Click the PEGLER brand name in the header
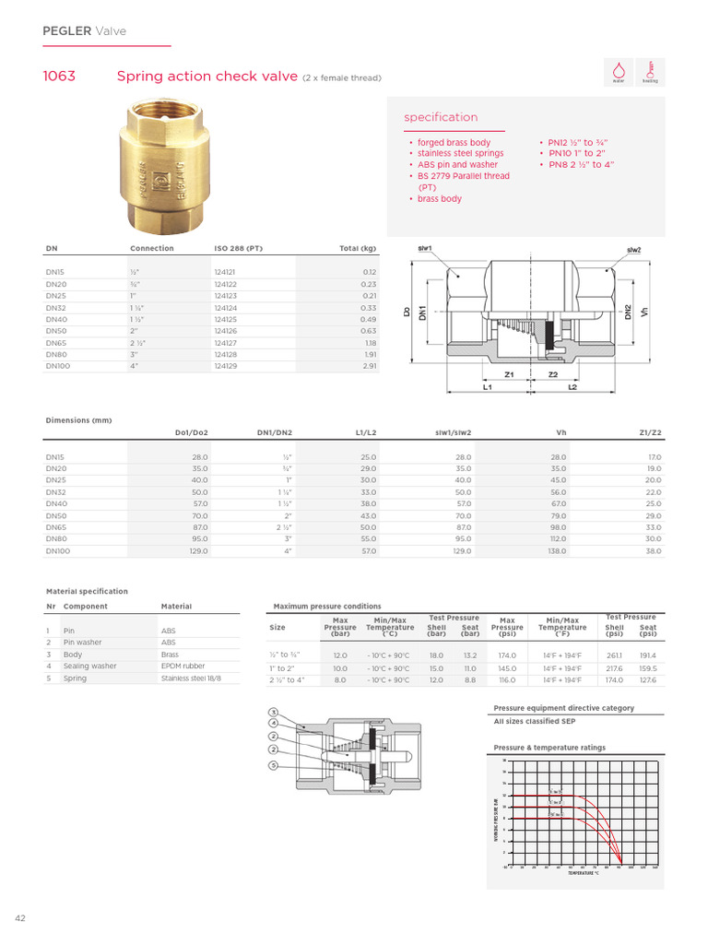point(67,31)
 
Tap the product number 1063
point(59,77)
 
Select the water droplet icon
point(619,71)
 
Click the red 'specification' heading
point(441,118)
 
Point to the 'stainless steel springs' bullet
point(460,153)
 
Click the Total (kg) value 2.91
point(369,366)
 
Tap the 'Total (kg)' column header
point(358,249)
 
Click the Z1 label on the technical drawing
point(509,375)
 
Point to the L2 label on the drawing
point(572,388)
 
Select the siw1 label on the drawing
point(425,249)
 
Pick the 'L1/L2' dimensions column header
point(364,432)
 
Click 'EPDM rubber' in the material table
point(183,666)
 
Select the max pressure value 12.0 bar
point(339,655)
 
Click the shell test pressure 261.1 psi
point(614,655)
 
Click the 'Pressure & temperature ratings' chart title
point(549,748)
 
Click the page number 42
point(19,918)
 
